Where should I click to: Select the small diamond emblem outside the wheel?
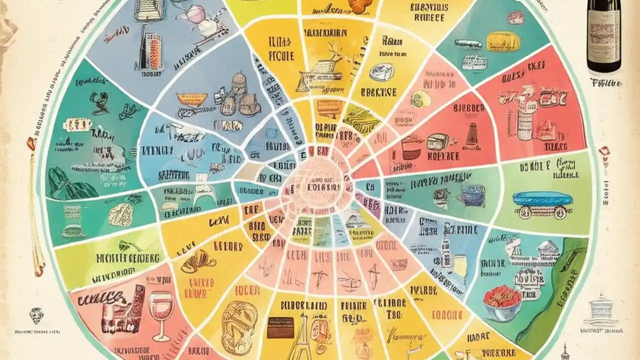35,315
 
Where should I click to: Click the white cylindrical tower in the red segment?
524,122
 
